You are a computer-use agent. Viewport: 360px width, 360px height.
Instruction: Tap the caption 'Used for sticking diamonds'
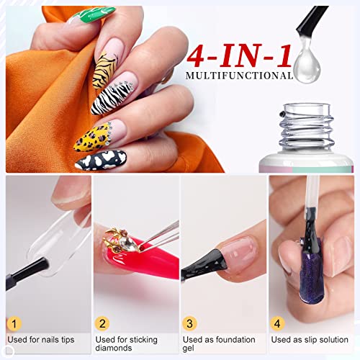(x=127, y=344)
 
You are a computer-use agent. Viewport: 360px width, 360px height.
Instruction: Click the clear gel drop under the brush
(x=309, y=73)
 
